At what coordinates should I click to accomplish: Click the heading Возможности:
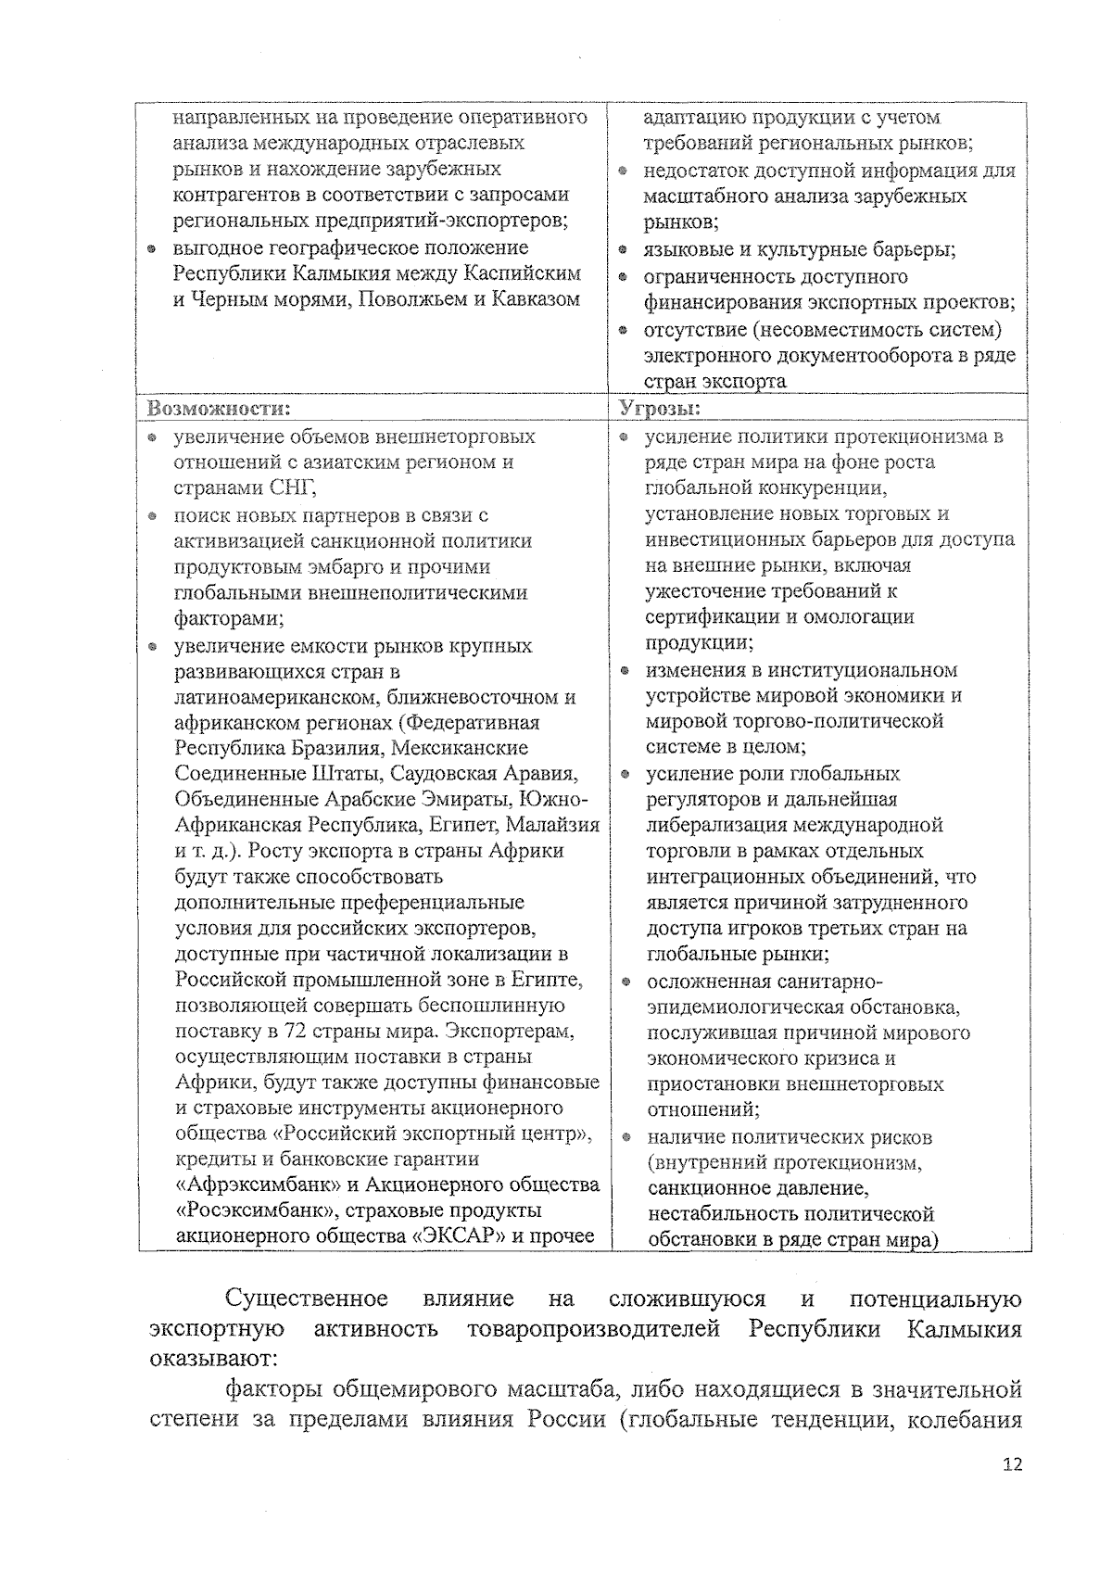213,409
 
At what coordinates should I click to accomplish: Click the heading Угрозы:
659,409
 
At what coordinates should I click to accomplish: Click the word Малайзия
555,825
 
